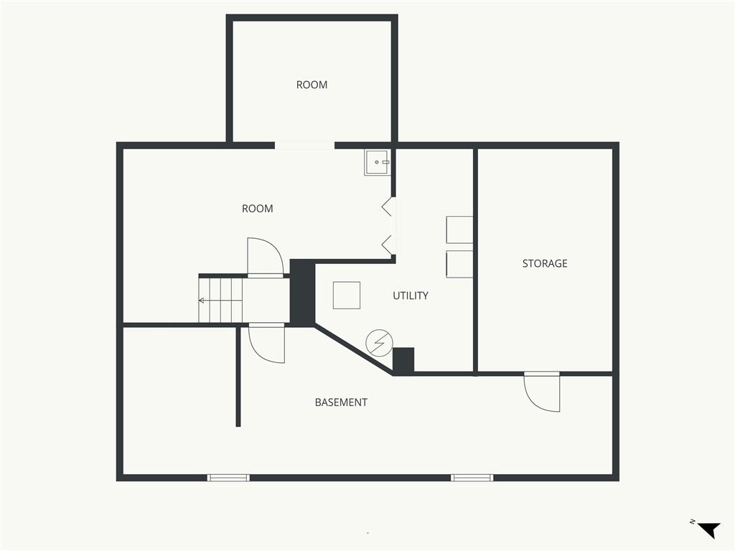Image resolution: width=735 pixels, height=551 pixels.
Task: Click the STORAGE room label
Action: (545, 263)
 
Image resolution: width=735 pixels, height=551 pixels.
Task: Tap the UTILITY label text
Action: (410, 296)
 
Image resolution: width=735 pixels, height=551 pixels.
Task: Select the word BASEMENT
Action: (341, 402)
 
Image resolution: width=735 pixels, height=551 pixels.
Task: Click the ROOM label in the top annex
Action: (312, 85)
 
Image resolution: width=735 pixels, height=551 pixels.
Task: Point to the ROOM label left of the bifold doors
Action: (258, 209)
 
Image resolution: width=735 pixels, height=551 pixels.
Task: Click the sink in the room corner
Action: (376, 163)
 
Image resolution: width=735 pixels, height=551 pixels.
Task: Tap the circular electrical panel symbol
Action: (379, 343)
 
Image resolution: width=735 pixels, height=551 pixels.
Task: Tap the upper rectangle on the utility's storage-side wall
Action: (459, 230)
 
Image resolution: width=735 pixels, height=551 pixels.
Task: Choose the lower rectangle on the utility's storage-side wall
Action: (459, 264)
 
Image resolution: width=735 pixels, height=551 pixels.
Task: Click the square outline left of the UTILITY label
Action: (347, 295)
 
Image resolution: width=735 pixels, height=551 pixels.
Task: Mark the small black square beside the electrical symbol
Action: (403, 360)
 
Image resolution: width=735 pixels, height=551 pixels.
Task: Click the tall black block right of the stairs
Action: (302, 291)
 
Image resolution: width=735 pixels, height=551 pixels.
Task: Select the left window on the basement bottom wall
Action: (228, 478)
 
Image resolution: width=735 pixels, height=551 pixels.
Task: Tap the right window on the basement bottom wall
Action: (472, 478)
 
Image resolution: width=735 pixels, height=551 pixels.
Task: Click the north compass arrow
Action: (708, 529)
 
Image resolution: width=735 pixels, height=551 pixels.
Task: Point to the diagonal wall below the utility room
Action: (353, 349)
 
